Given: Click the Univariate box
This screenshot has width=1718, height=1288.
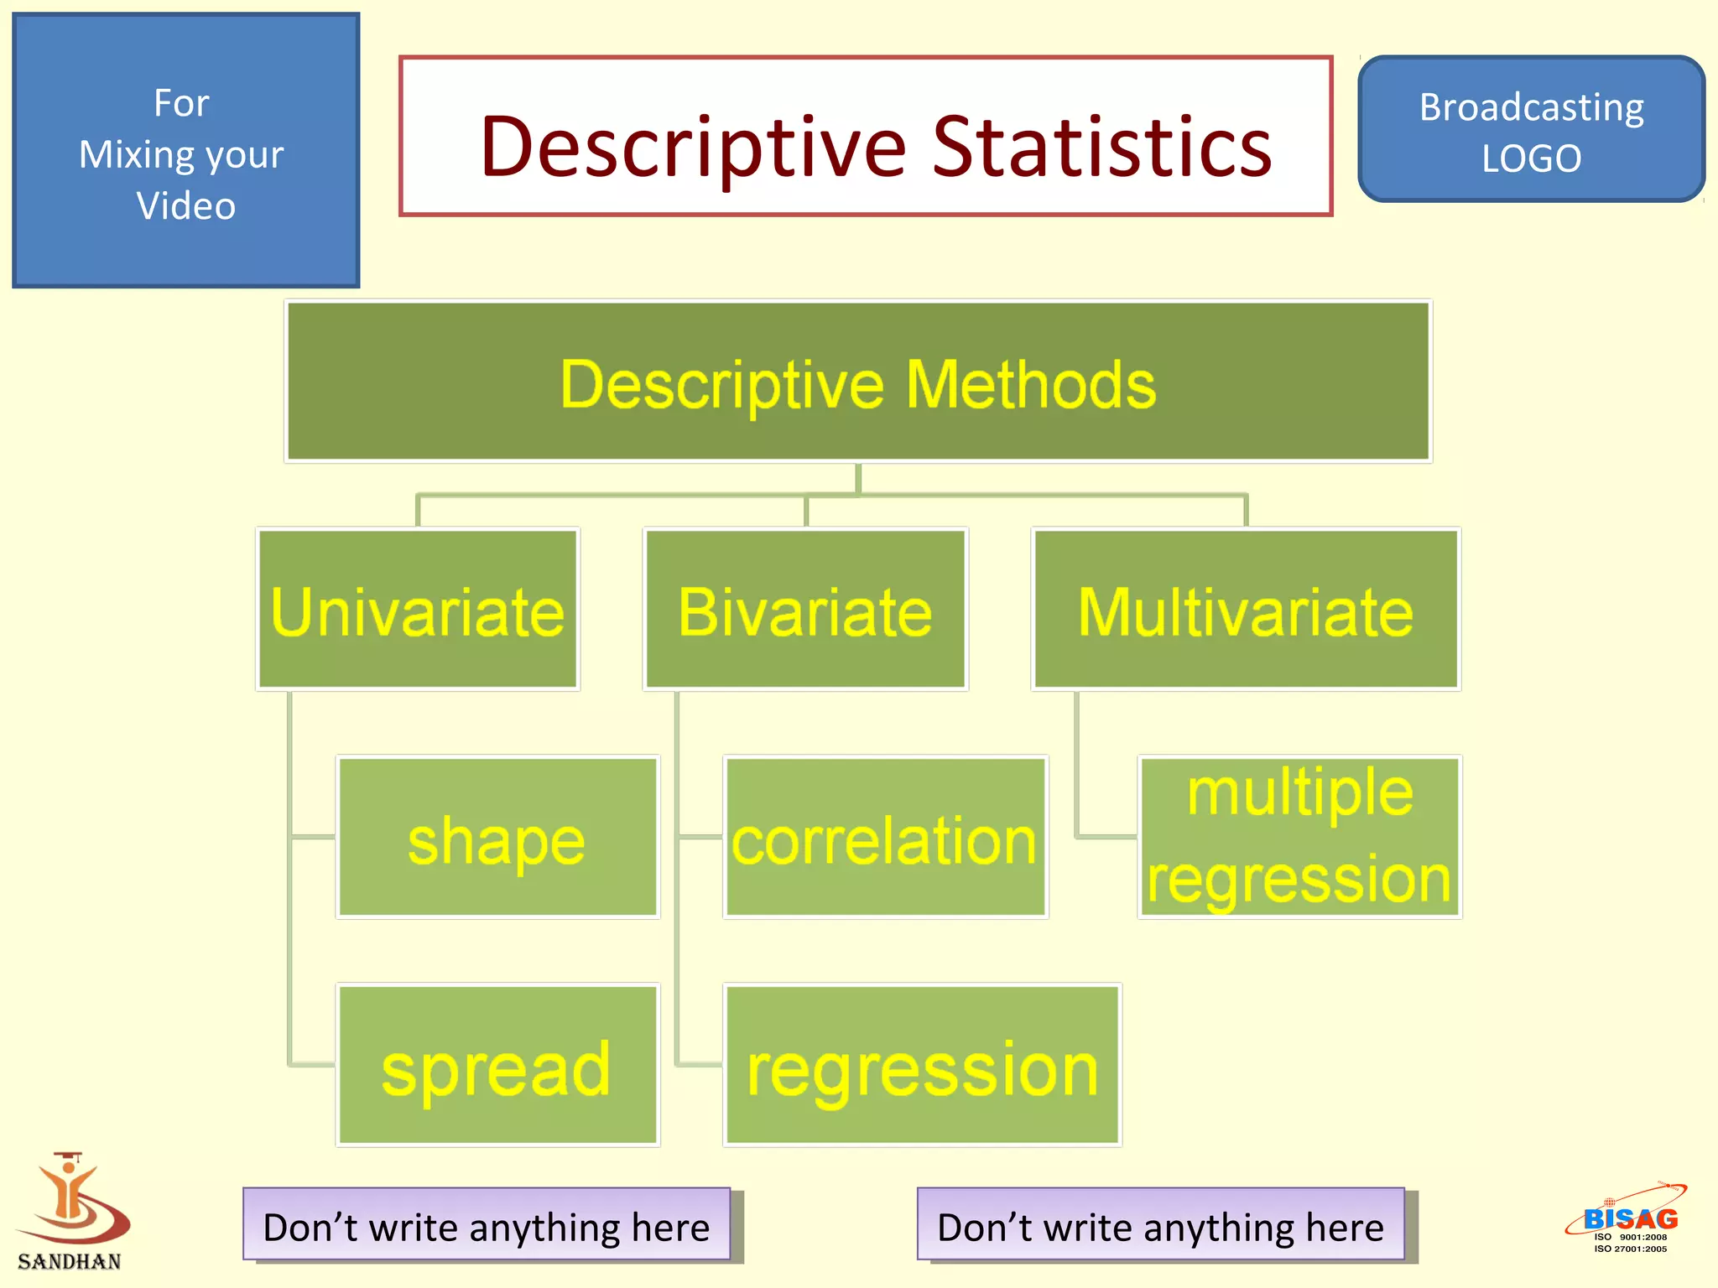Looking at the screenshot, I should pos(417,610).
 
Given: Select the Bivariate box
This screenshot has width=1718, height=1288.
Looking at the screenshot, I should pos(805,610).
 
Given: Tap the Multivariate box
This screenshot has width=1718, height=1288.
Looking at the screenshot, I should pos(1246,610).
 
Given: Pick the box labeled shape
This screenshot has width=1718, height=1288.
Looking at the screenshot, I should pos(497,837).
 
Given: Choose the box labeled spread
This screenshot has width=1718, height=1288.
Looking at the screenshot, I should pos(497,1065).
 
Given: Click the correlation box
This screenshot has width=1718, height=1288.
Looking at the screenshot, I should pos(885,837).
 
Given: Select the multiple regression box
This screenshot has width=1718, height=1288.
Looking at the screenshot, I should pos(1299,837).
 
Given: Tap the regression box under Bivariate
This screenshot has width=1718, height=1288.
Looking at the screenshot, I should pos(922,1065).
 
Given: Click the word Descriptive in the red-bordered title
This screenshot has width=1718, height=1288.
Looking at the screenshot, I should pos(692,148).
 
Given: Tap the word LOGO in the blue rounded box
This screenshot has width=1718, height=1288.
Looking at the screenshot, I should pos(1531,158).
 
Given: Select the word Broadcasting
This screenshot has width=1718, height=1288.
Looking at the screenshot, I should pos(1531,107).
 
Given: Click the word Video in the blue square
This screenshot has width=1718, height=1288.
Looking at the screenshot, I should pos(186,205).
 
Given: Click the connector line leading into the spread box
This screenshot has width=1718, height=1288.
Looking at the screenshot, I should pos(312,1065).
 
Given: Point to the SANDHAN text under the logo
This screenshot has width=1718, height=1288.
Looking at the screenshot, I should pos(70,1261).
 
